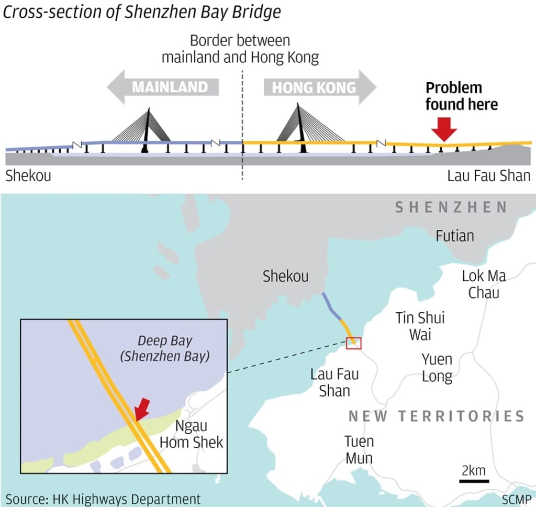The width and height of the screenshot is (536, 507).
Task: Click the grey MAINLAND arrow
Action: [x=163, y=87]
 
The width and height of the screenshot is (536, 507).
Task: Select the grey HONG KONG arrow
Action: [x=320, y=87]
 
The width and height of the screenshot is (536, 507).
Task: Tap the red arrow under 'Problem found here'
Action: [x=444, y=129]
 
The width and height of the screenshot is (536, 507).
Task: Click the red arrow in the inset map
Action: [x=142, y=409]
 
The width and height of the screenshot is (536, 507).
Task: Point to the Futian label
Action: [x=455, y=236]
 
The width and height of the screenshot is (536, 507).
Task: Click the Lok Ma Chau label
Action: [x=484, y=284]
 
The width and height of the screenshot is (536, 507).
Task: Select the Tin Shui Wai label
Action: [x=420, y=326]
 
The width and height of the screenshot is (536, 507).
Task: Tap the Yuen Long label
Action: [x=437, y=368]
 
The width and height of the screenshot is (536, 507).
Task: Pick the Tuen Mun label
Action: [x=359, y=449]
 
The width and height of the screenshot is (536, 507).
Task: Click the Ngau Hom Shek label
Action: [x=191, y=434]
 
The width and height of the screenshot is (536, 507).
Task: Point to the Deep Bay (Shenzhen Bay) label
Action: [x=165, y=348]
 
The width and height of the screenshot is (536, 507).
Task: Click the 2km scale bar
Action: [x=474, y=481]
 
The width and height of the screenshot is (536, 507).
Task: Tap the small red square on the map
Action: [x=353, y=343]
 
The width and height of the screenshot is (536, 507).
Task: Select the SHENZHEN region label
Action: [x=451, y=207]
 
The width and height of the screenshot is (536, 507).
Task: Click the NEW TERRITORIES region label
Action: [x=437, y=416]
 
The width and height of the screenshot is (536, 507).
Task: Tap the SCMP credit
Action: [x=517, y=499]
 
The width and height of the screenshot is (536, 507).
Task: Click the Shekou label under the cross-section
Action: [x=28, y=175]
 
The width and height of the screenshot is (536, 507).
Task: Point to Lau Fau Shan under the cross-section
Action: [x=489, y=175]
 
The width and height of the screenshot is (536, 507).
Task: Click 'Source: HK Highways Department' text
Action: [x=103, y=499]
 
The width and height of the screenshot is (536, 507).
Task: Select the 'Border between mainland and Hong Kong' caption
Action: [x=240, y=49]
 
